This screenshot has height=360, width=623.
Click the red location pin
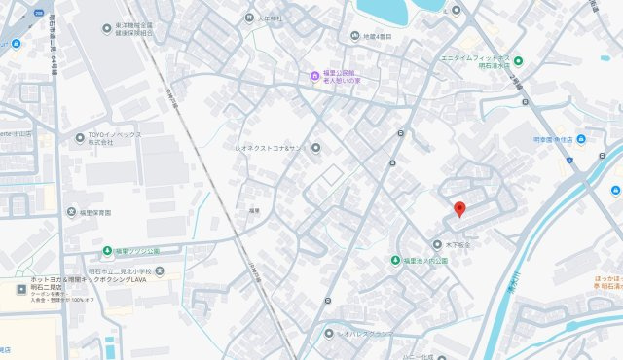pos(459,208)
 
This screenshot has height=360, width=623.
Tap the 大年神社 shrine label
pos(269,18)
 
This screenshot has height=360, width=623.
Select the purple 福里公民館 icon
pos(313,76)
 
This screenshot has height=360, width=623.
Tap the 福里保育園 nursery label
pos(94,212)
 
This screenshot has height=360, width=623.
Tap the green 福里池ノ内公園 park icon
pos(396,260)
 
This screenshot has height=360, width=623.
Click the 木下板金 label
pos(458,245)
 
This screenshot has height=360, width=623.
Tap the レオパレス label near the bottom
pos(364,334)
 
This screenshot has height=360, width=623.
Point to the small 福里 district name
pos(253,210)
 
